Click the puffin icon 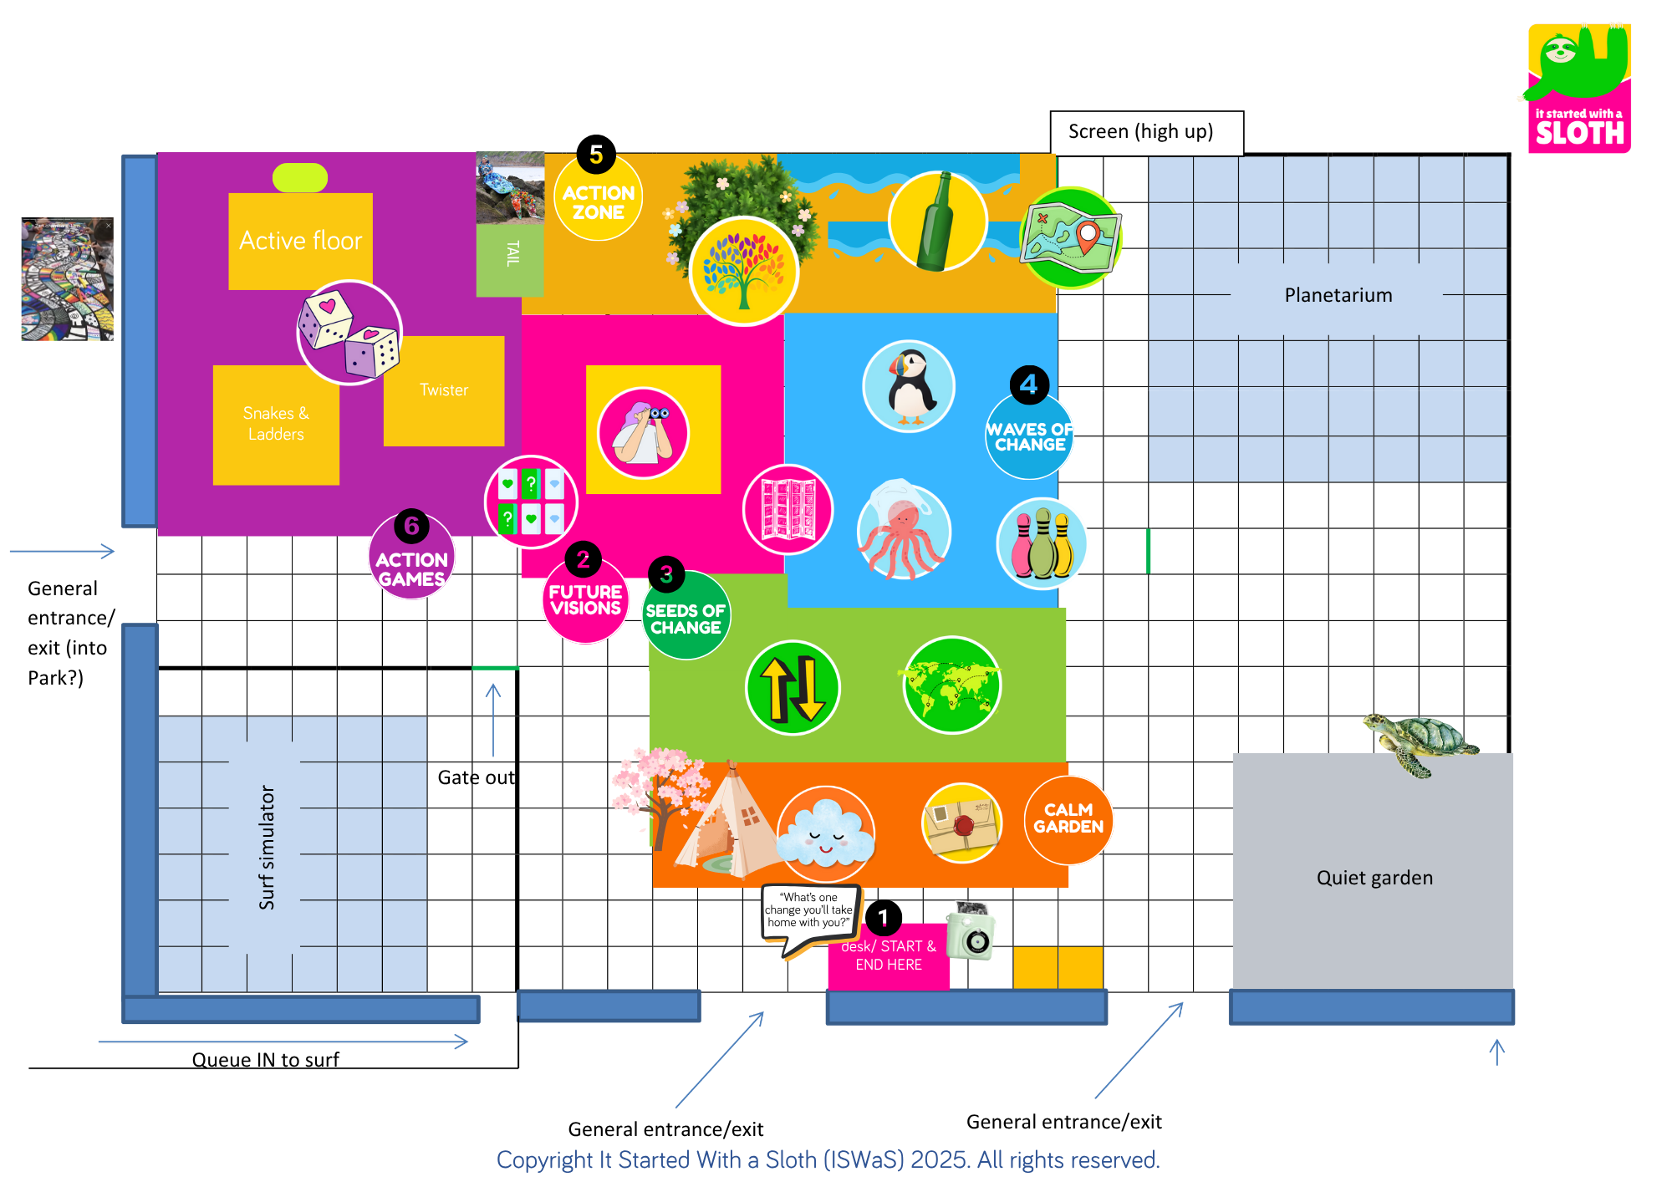[x=909, y=386]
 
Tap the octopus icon [x=903, y=532]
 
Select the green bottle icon [x=937, y=222]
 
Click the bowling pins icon [x=1041, y=544]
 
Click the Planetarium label [x=1338, y=295]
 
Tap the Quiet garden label [x=1374, y=878]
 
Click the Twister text [x=444, y=390]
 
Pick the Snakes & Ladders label [x=276, y=424]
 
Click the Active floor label [x=300, y=241]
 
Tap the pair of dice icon [x=349, y=333]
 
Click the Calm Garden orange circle [x=1068, y=818]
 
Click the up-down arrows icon [x=793, y=688]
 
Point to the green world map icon [x=951, y=685]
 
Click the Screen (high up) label [x=1140, y=132]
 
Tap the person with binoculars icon [x=643, y=432]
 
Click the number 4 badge [x=1029, y=385]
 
